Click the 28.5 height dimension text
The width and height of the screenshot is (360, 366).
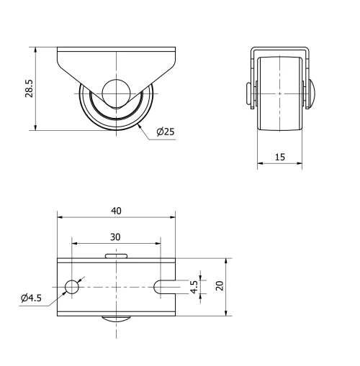tap(27, 89)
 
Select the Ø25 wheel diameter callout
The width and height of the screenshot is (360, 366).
tap(165, 132)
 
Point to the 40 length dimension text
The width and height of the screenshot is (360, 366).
tap(116, 211)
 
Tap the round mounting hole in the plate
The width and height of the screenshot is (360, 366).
tap(72, 287)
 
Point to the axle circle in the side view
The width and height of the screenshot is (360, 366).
tap(115, 93)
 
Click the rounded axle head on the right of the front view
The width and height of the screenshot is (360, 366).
tap(313, 93)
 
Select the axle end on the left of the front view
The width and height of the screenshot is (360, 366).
tap(248, 93)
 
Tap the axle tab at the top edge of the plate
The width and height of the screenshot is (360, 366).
tap(115, 255)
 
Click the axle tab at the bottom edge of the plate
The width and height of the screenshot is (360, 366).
tap(115, 319)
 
